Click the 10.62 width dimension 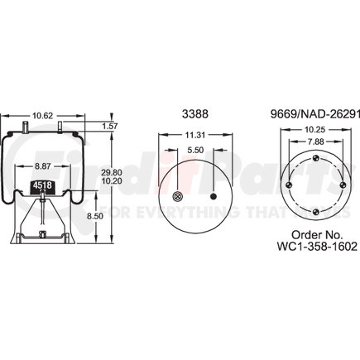point(42,116)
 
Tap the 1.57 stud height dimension point(110,126)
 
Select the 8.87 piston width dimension point(42,166)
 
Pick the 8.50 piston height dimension point(95,216)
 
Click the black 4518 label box point(42,185)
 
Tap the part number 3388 point(195,113)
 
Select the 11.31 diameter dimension point(194,135)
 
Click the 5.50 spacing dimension point(195,150)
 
